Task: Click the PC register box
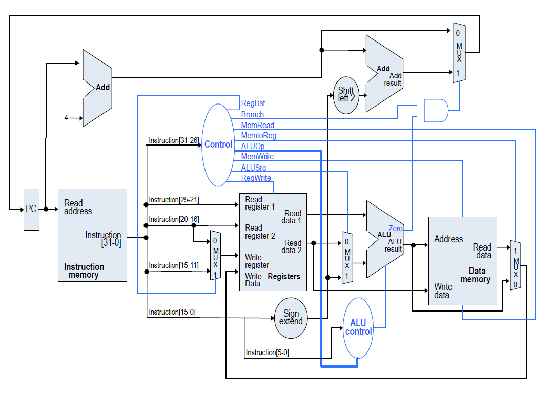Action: click(x=31, y=209)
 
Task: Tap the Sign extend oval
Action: click(x=291, y=318)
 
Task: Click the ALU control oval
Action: click(x=358, y=327)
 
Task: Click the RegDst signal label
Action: click(x=253, y=103)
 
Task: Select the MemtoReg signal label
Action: click(x=258, y=136)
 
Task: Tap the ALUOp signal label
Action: click(x=253, y=147)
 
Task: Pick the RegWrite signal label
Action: click(x=256, y=178)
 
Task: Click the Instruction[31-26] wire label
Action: click(x=173, y=140)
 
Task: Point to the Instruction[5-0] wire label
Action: click(x=268, y=352)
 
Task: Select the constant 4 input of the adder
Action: click(x=66, y=118)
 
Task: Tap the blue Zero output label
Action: click(x=396, y=229)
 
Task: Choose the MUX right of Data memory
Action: click(x=516, y=265)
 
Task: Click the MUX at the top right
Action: click(x=459, y=52)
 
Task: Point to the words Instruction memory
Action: click(x=84, y=271)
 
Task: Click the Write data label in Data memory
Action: click(x=442, y=291)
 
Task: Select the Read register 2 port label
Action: click(x=260, y=232)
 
